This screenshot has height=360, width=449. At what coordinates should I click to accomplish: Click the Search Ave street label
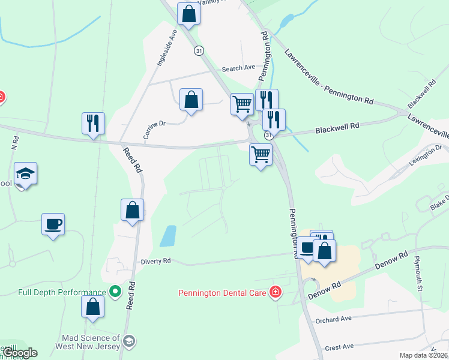pyautogui.click(x=238, y=68)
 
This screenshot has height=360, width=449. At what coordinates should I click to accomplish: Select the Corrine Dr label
pyautogui.click(x=154, y=130)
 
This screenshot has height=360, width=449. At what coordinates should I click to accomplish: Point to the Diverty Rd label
pyautogui.click(x=156, y=261)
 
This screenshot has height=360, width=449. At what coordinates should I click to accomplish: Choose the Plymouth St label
pyautogui.click(x=418, y=272)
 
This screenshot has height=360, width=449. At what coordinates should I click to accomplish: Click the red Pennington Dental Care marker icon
pyautogui.click(x=275, y=292)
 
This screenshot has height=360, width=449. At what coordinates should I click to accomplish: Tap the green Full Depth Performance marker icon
pyautogui.click(x=116, y=292)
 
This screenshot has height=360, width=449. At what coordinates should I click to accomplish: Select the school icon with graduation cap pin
pyautogui.click(x=26, y=174)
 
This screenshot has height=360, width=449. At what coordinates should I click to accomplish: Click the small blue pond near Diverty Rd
pyautogui.click(x=169, y=236)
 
